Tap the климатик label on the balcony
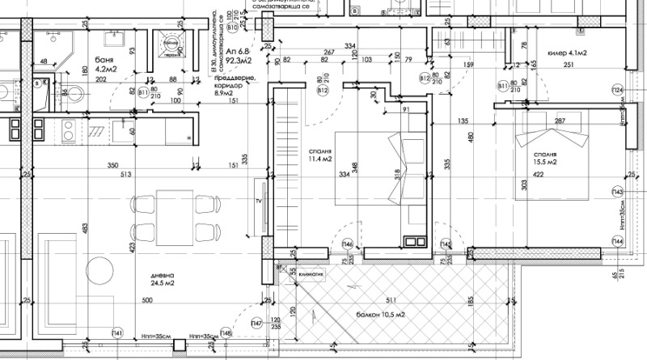(311, 274)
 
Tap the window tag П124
(618, 90)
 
